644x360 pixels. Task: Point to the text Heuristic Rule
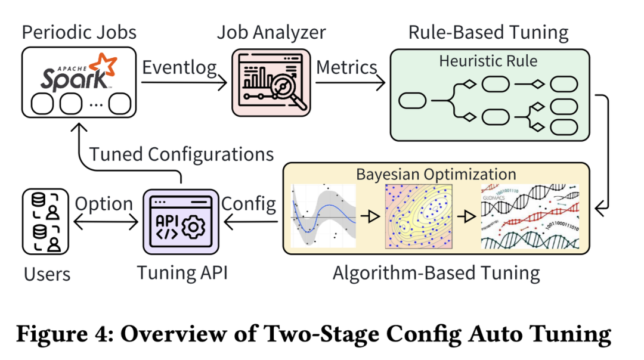coord(488,61)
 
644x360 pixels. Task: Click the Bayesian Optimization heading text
coord(436,174)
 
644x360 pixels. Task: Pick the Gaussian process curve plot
coord(323,216)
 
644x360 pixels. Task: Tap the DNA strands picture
coord(530,216)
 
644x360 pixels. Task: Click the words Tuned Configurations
coord(181,154)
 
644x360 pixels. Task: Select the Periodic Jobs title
coord(79,32)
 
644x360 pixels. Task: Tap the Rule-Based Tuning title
coord(488,32)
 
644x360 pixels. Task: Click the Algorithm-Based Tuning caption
coord(436,273)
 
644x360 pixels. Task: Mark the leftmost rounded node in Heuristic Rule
coord(412,101)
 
